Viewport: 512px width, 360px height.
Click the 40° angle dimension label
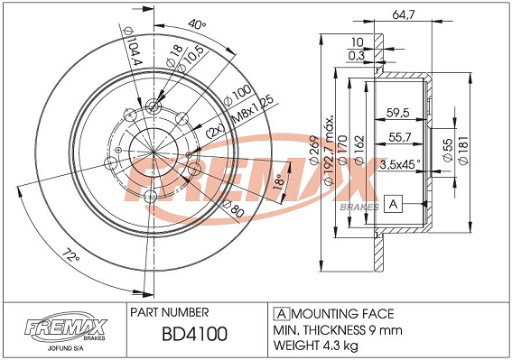(x=197, y=23)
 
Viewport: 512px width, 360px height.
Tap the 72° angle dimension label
(x=71, y=255)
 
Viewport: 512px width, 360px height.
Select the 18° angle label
(x=278, y=181)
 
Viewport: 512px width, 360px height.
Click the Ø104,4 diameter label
(x=132, y=46)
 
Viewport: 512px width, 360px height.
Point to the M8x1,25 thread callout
(x=253, y=110)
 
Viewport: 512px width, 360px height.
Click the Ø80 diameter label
(x=234, y=208)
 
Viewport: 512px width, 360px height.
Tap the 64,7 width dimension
(x=403, y=14)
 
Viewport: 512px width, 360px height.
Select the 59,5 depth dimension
(x=397, y=113)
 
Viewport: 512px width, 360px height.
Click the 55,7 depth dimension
(x=400, y=137)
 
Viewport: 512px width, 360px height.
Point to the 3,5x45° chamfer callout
(x=400, y=164)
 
